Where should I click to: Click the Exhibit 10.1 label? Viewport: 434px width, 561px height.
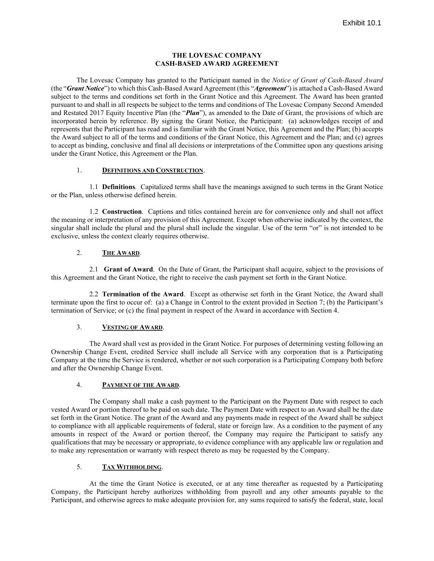[x=362, y=23]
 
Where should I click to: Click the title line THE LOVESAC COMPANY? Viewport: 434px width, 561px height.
[x=216, y=55]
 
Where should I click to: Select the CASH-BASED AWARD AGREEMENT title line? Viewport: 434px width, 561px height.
[x=216, y=64]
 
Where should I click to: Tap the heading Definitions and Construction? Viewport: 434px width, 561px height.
[x=153, y=171]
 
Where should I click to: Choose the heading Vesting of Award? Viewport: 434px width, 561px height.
[x=132, y=328]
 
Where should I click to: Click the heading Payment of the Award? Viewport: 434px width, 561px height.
[x=140, y=385]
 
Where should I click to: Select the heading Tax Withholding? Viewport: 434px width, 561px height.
[x=132, y=467]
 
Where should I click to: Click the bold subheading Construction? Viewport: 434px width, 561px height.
[x=122, y=212]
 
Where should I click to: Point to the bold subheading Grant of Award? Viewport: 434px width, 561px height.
[x=128, y=270]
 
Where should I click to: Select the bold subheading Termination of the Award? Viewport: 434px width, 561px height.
[x=143, y=294]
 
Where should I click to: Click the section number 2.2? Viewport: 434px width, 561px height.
[x=94, y=294]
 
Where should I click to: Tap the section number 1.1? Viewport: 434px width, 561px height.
[x=94, y=187]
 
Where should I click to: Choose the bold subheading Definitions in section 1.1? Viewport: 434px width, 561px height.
[x=118, y=187]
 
